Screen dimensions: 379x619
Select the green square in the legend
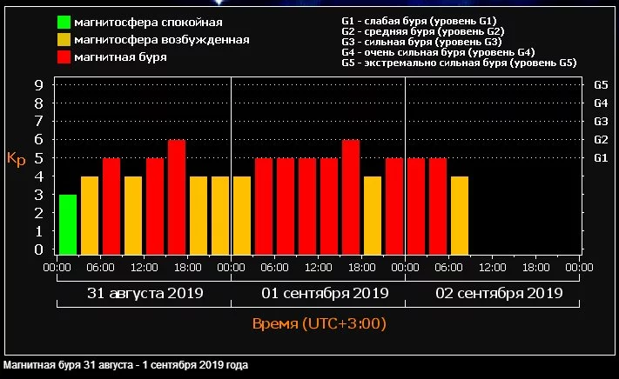coord(64,22)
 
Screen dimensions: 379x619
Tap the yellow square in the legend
coord(64,39)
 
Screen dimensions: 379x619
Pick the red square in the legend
coord(64,57)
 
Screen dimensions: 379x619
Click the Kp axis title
coord(16,159)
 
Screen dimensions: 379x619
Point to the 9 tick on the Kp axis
coord(38,85)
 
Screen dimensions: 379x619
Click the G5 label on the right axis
coord(600,85)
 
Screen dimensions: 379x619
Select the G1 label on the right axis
coord(600,158)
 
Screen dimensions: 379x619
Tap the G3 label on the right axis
coord(600,122)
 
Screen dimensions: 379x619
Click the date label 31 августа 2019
coord(145,293)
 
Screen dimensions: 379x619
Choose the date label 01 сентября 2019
coord(318,293)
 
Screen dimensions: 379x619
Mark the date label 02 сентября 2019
coord(492,293)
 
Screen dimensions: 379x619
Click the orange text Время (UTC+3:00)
coord(319,324)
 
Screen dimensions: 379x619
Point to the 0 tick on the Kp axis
coord(38,249)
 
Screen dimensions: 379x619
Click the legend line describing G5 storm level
coord(459,63)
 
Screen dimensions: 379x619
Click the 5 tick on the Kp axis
coord(38,158)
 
